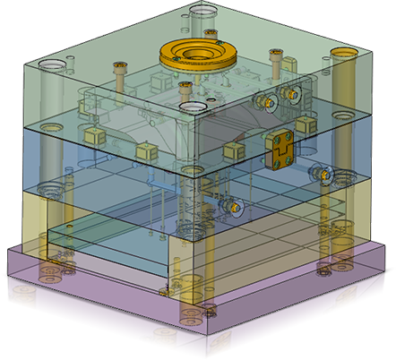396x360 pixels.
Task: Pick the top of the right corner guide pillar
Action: (344, 54)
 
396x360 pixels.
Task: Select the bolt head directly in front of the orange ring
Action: (185, 86)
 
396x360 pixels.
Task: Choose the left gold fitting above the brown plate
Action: (265, 101)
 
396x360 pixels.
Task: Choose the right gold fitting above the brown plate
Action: (290, 92)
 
